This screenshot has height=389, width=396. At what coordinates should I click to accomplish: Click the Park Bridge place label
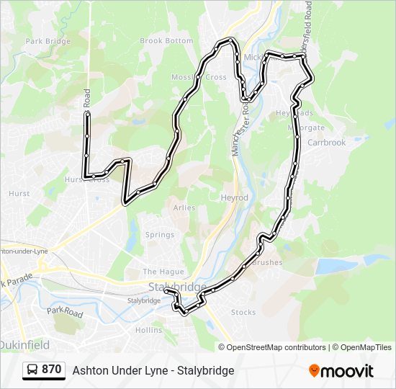pyautogui.click(x=48, y=42)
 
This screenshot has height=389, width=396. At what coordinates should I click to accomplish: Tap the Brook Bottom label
pyautogui.click(x=166, y=41)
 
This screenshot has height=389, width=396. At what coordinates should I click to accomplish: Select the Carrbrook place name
pyautogui.click(x=327, y=143)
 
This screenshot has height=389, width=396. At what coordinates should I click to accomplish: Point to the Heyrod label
pyautogui.click(x=235, y=197)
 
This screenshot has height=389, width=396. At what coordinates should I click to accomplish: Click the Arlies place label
pyautogui.click(x=184, y=207)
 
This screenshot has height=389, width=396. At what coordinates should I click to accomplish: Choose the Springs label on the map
pyautogui.click(x=160, y=235)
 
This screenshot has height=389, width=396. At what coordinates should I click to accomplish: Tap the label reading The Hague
pyautogui.click(x=158, y=272)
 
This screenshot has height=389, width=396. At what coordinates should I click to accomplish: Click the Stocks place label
pyautogui.click(x=243, y=312)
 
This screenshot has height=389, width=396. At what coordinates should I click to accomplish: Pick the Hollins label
pyautogui.click(x=149, y=330)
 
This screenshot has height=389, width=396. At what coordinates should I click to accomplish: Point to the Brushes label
pyautogui.click(x=269, y=262)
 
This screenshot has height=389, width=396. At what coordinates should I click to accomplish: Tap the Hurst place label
pyautogui.click(x=19, y=194)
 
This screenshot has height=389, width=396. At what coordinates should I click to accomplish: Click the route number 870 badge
pyautogui.click(x=51, y=370)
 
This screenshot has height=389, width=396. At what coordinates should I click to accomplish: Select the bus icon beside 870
pyautogui.click(x=33, y=370)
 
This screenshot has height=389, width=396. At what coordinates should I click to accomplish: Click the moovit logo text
pyautogui.click(x=347, y=371)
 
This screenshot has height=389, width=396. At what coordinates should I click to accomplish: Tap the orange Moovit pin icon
pyautogui.click(x=314, y=370)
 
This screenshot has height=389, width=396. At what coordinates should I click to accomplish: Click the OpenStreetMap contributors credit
pyautogui.click(x=276, y=347)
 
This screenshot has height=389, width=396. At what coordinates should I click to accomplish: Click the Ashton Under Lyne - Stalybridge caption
pyautogui.click(x=153, y=370)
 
